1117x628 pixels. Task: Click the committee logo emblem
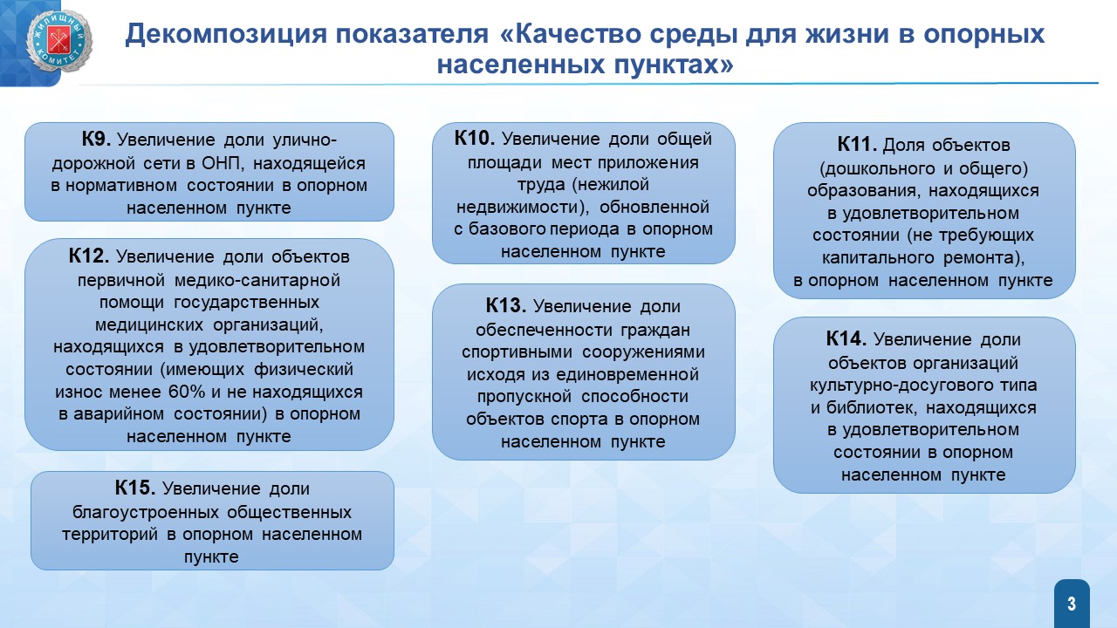tap(59, 41)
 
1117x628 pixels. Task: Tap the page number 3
tap(1072, 604)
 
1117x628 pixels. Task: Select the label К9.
tap(96, 139)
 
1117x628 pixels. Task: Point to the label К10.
tap(474, 138)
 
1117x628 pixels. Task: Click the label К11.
tap(857, 145)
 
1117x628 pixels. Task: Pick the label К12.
tap(89, 256)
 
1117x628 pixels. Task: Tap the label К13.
tap(505, 305)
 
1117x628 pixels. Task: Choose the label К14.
tap(846, 339)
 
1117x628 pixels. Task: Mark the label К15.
tap(134, 488)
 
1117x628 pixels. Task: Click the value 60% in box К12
tap(187, 392)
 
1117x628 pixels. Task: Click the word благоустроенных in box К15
tap(145, 512)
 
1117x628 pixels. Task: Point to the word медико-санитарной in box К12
tap(257, 280)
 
